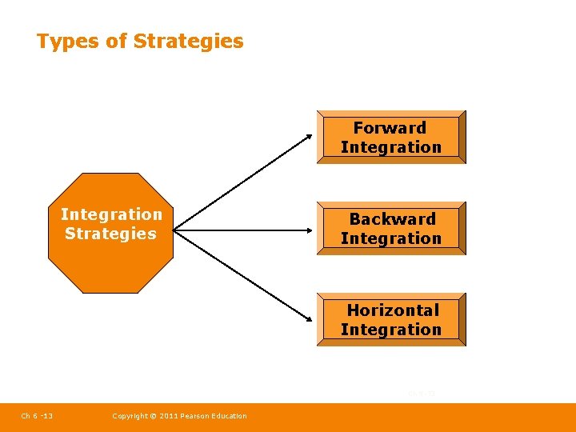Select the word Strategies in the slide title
tap(189, 41)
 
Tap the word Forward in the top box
tap(390, 128)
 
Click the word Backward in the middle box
tap(392, 219)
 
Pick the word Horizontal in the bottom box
tap(393, 310)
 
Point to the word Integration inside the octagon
tap(111, 214)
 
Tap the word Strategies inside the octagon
tap(110, 234)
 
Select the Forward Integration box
tap(391, 137)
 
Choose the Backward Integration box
tap(391, 228)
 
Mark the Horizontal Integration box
tap(391, 319)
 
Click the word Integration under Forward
tap(391, 147)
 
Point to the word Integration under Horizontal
tap(391, 330)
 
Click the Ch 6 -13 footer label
tap(37, 415)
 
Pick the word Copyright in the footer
tap(130, 415)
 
